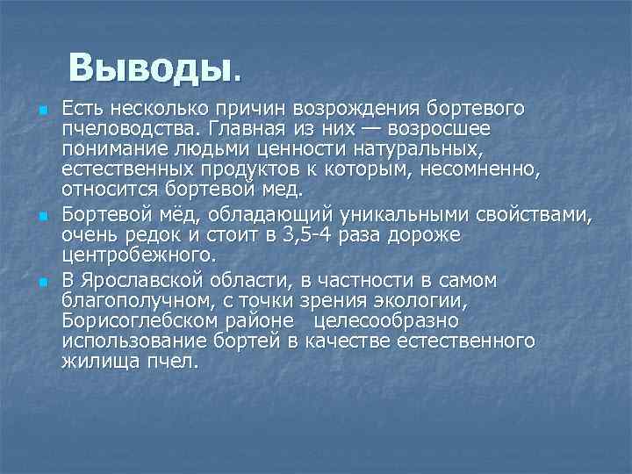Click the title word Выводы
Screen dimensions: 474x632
pyautogui.click(x=150, y=67)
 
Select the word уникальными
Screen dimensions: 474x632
pyautogui.click(x=410, y=216)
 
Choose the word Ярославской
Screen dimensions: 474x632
pyautogui.click(x=157, y=281)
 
